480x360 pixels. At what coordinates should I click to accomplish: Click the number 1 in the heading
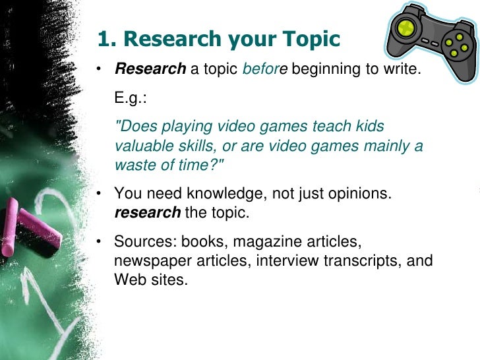pos(104,40)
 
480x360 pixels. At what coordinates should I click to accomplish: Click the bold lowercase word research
pos(147,213)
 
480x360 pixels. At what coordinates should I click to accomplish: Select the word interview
pos(285,260)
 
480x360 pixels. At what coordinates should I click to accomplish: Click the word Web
pos(129,279)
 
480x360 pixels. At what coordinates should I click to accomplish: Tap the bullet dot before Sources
pos(98,242)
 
